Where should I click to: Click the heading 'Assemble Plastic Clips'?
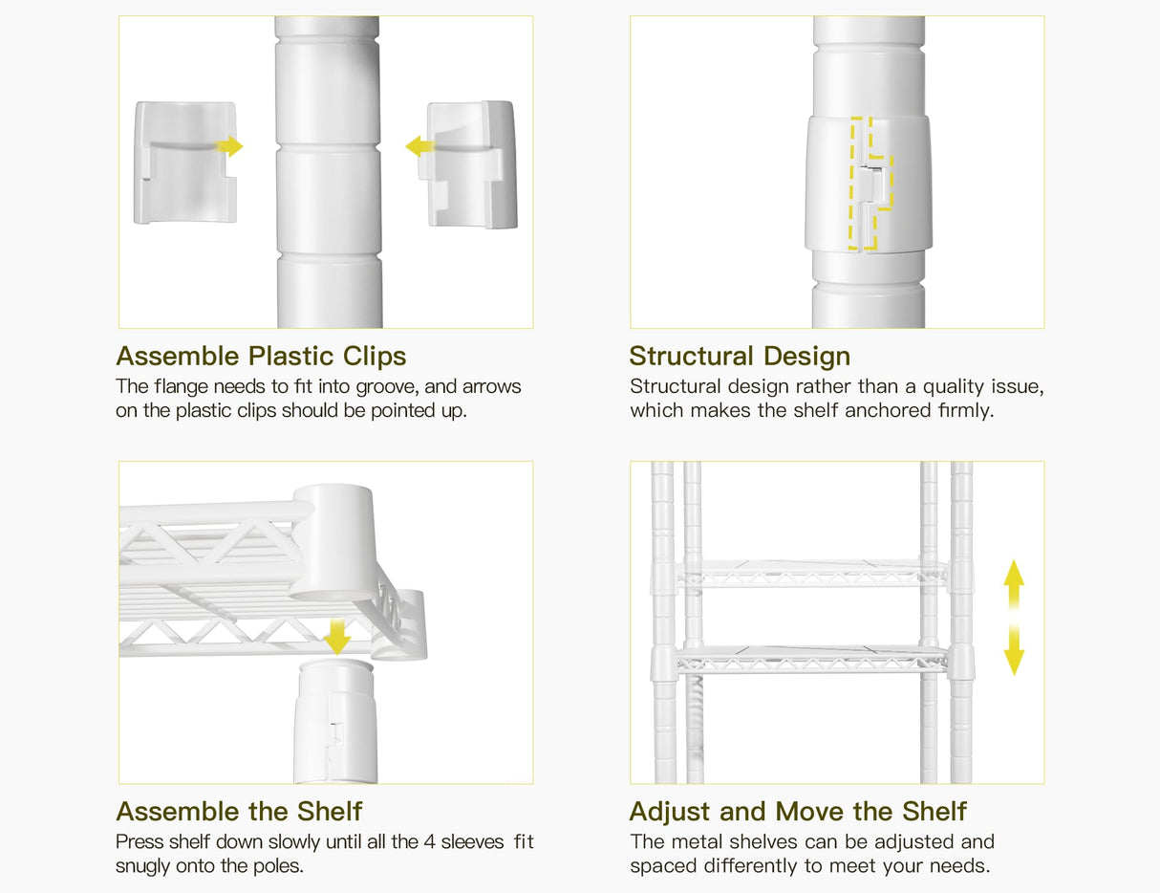tap(261, 357)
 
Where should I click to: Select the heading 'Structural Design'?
tap(740, 357)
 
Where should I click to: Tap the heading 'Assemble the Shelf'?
tap(239, 812)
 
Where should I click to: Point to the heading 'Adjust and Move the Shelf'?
tap(798, 812)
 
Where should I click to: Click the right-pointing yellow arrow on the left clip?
tap(229, 146)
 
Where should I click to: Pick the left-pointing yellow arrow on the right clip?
tap(419, 146)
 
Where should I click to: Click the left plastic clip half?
tap(185, 163)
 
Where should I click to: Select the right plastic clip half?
tap(470, 164)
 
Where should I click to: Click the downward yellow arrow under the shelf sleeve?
tap(337, 637)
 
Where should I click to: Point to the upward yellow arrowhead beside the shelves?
tap(1014, 575)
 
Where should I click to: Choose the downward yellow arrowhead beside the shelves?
tap(1014, 662)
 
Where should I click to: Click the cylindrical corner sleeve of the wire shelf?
tap(333, 543)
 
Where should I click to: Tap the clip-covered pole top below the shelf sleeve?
tap(335, 721)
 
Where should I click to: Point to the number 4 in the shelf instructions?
tap(430, 842)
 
